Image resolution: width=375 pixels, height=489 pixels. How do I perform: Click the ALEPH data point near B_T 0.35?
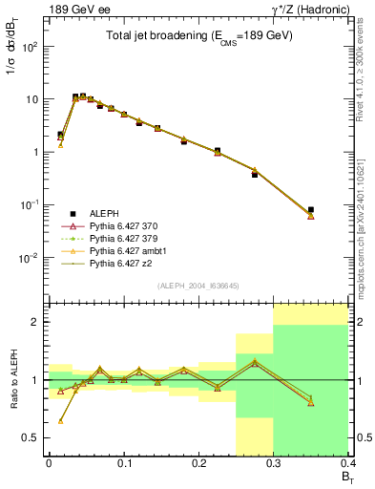click(x=311, y=209)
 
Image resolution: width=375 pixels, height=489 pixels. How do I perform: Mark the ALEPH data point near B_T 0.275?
click(x=255, y=175)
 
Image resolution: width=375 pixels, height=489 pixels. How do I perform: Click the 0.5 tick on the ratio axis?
click(x=34, y=437)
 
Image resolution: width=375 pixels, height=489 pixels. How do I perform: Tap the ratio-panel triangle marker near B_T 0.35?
click(x=311, y=402)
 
